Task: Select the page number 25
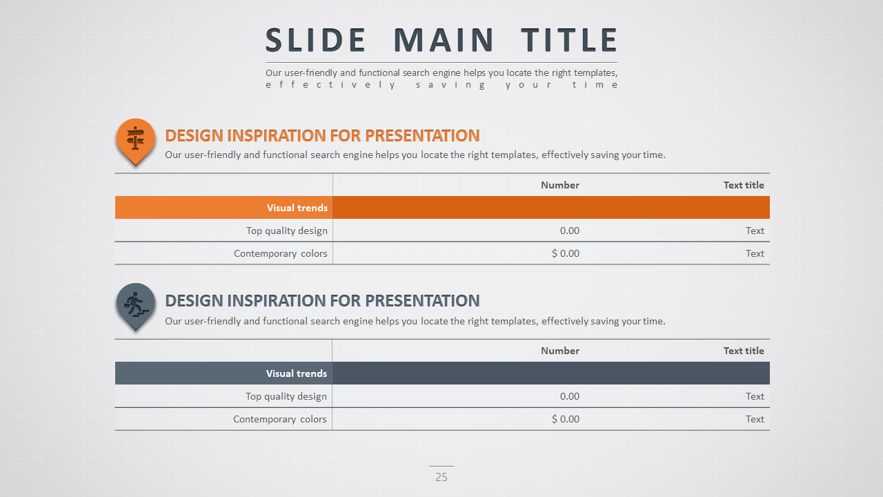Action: point(441,477)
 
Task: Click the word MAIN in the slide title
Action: point(444,40)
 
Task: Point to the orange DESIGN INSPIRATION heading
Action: point(322,136)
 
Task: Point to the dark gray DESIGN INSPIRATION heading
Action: point(322,301)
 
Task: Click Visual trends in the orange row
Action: point(297,208)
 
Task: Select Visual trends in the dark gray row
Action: point(297,373)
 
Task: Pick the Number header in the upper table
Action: point(560,185)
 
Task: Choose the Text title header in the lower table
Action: point(744,351)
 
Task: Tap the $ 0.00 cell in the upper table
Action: point(566,253)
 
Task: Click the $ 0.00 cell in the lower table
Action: point(566,419)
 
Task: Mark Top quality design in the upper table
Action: point(287,231)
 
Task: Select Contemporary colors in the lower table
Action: point(280,419)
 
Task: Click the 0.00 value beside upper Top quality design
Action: point(570,231)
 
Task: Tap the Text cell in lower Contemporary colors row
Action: point(755,419)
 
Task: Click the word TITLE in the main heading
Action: point(569,40)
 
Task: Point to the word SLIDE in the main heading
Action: point(315,40)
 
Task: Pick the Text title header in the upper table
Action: point(744,185)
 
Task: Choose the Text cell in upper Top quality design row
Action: point(755,231)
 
